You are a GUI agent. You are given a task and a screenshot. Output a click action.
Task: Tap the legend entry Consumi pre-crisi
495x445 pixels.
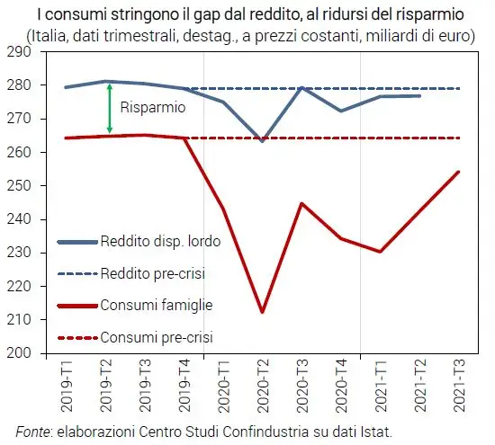(x=155, y=338)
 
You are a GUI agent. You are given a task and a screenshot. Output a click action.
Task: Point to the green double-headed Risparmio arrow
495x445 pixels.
(x=109, y=108)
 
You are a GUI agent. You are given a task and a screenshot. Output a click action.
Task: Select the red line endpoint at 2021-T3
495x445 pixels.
(x=457, y=172)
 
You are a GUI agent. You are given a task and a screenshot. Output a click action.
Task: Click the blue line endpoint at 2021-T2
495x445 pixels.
(x=418, y=95)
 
